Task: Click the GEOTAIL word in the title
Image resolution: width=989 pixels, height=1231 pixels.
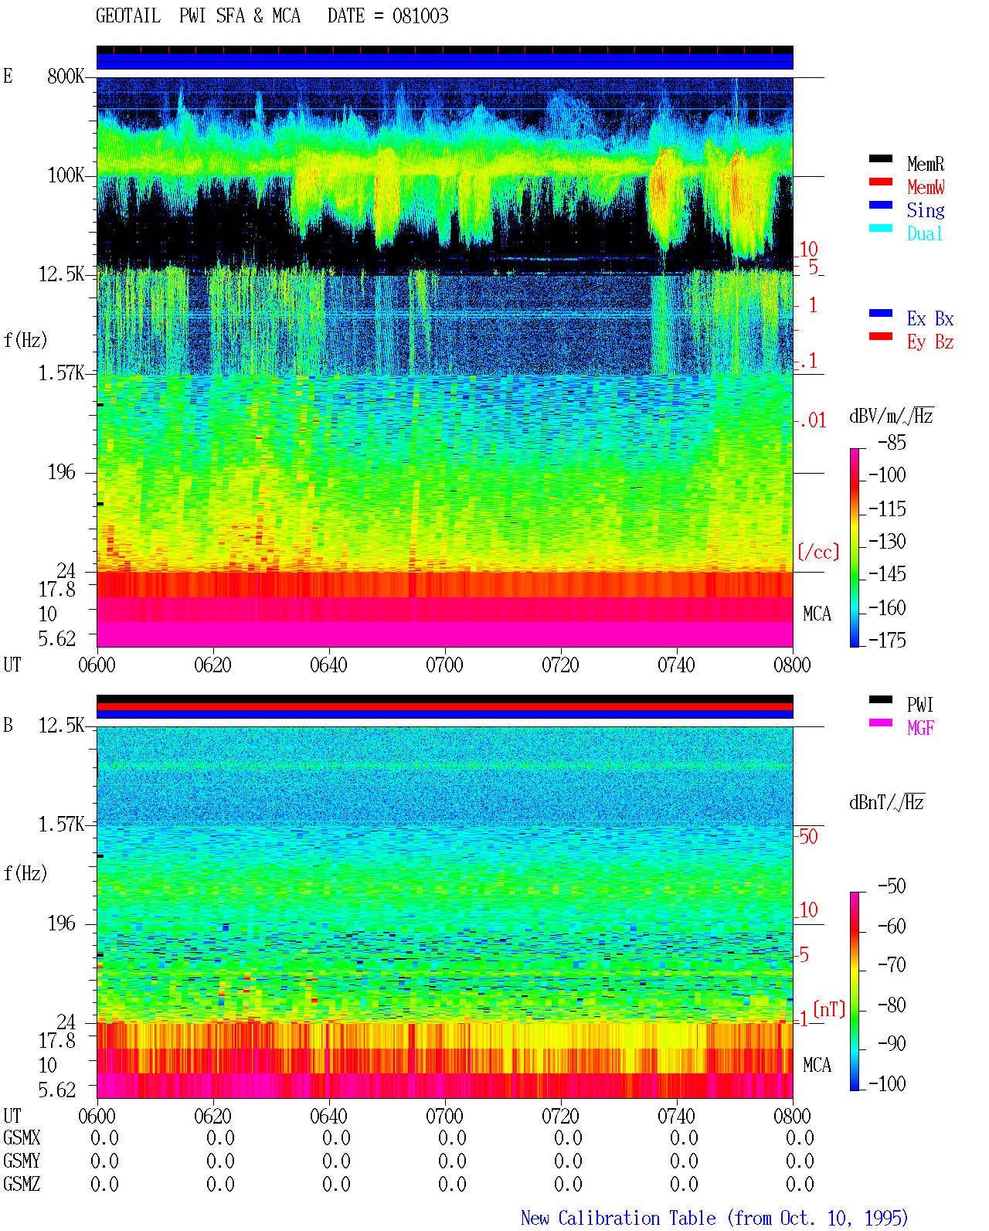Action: [128, 16]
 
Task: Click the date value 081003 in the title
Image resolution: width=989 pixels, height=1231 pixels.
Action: [420, 16]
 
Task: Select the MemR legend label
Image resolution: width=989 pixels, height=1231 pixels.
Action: [926, 164]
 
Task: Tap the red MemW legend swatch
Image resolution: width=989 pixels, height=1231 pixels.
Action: [880, 182]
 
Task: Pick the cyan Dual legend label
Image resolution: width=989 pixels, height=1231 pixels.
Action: [925, 233]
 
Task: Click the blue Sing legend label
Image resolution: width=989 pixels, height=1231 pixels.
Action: [926, 210]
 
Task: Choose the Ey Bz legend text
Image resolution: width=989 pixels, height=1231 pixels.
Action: [930, 342]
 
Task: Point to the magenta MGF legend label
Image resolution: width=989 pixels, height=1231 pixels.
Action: [921, 728]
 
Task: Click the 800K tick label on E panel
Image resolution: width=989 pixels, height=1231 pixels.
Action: [66, 76]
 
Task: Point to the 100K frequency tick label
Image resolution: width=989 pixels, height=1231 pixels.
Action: [66, 175]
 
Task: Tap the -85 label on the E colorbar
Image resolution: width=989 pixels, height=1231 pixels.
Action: [892, 443]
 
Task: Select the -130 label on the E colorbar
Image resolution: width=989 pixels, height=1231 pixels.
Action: [887, 541]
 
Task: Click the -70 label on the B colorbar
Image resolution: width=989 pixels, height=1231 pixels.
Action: [892, 965]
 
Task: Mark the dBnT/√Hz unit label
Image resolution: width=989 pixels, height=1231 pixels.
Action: [886, 803]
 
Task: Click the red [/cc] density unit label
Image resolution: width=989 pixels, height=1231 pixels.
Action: [818, 552]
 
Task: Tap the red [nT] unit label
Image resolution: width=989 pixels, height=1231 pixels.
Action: [829, 1009]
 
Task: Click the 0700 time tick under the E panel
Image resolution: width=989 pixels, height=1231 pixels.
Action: [444, 665]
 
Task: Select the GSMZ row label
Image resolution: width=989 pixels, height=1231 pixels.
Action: [22, 1184]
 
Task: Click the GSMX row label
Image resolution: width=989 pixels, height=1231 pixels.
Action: [22, 1137]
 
